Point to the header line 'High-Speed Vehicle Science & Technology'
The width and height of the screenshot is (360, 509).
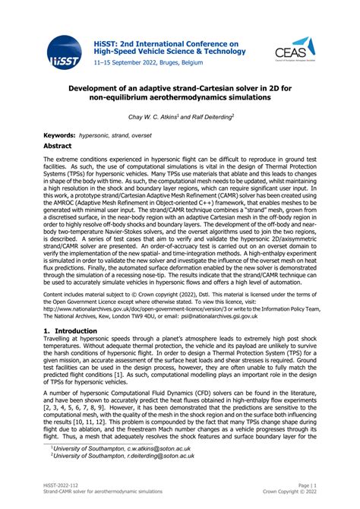tap(166, 54)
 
